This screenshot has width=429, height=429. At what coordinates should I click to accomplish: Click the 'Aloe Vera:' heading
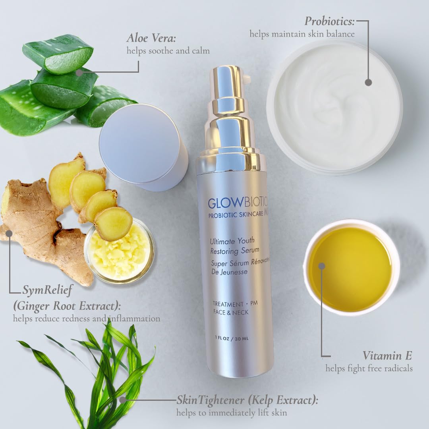click(151, 39)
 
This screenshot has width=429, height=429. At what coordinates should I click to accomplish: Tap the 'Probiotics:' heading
click(329, 21)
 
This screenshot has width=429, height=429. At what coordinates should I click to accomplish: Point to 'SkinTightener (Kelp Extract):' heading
click(247, 400)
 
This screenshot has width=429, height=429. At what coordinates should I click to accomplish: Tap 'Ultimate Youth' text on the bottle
click(232, 241)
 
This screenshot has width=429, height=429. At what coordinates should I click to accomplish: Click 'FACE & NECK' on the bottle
click(230, 312)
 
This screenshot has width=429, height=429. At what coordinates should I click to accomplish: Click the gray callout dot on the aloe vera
click(79, 73)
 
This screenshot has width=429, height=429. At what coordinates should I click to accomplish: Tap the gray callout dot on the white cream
click(368, 82)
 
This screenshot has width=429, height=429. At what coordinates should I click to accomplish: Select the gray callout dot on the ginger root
click(9, 233)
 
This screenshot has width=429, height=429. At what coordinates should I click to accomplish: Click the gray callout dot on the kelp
click(123, 400)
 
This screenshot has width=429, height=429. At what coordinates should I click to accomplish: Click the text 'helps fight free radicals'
click(369, 369)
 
